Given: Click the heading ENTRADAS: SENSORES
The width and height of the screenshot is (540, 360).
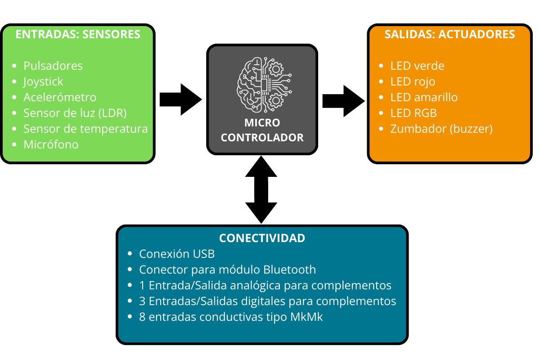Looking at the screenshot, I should (x=78, y=35).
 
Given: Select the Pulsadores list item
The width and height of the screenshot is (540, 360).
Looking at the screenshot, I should (x=53, y=66).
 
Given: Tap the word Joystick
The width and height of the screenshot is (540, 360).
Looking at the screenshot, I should (x=43, y=81).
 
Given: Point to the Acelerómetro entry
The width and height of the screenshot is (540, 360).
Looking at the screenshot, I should (x=60, y=97).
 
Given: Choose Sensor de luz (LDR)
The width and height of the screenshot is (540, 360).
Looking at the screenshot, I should (x=75, y=113).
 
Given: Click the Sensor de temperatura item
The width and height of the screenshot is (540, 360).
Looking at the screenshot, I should (x=85, y=129).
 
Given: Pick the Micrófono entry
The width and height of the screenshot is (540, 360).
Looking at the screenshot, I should (x=51, y=144).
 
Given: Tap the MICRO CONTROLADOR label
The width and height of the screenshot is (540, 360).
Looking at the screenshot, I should (x=262, y=130).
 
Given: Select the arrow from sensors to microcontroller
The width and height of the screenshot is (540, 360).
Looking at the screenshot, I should (x=180, y=99).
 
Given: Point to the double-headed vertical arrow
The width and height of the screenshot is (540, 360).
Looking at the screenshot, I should (x=261, y=189).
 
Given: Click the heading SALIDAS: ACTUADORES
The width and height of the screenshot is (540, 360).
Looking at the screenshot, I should (x=450, y=35).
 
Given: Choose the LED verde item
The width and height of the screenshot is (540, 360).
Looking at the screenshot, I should (x=417, y=66).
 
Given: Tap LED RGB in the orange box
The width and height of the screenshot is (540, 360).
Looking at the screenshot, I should (x=414, y=113).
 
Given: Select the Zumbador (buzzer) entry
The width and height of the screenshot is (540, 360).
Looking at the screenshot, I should (x=441, y=129).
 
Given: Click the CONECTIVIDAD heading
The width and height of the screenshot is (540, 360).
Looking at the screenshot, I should (x=262, y=238).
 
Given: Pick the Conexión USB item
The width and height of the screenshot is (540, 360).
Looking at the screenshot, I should (x=177, y=254).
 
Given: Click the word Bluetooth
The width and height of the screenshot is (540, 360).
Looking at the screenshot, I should (x=289, y=270).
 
